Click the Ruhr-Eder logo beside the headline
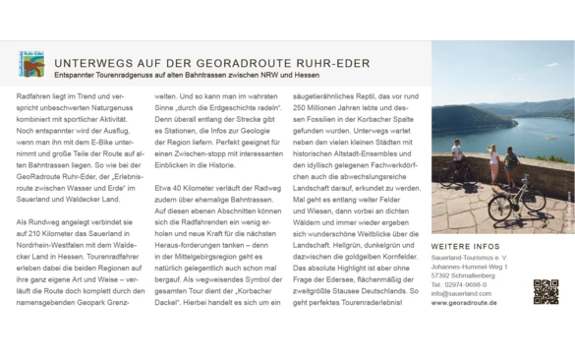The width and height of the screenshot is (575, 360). coord(31,65)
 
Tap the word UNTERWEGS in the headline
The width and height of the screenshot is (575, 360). coord(91,63)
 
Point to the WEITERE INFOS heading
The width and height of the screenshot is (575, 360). coord(466,246)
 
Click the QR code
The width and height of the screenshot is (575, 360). coord(546,292)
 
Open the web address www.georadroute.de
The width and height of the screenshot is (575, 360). coord(464,303)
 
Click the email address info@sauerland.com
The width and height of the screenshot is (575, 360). coord(462,293)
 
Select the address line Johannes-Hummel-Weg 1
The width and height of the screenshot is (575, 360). coord(469,267)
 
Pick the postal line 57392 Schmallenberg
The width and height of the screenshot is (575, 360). coord(466,275)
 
